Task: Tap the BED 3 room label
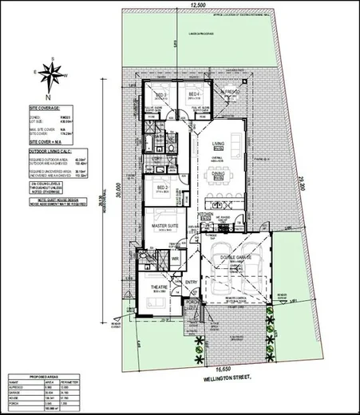pos(160,95)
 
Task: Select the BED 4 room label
pos(194,95)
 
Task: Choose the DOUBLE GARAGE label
pos(237,258)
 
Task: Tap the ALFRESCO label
pos(231,93)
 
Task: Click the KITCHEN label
pos(204,215)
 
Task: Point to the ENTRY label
pos(192,282)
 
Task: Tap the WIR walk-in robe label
pos(175,259)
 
